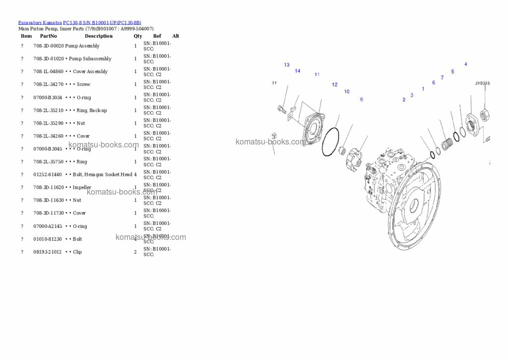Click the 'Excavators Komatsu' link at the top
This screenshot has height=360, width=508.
pos(40,23)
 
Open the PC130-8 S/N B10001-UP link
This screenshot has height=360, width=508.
pos(102,23)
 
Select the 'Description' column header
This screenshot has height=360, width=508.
pos(98,36)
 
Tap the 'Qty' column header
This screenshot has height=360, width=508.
pos(137,36)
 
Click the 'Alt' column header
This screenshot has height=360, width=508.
pos(176,36)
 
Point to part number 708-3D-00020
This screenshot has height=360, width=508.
pos(49,46)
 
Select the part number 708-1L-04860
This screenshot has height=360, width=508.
pos(48,72)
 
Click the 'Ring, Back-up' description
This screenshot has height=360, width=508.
pos(92,110)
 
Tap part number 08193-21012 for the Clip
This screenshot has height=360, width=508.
pos(48,252)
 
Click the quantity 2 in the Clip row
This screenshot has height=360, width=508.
pos(135,252)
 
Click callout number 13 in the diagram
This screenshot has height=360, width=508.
pos(287,65)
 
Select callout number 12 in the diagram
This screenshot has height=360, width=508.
pos(334,85)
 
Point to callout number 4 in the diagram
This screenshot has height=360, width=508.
pos(465,64)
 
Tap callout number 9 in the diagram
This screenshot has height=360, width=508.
pos(361,100)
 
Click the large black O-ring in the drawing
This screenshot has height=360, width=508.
pos(330,142)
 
